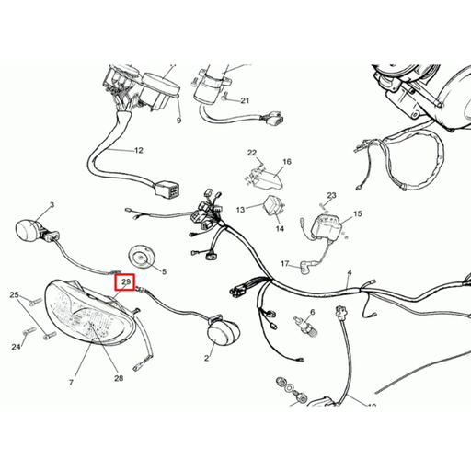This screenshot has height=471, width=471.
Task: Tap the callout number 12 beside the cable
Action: [x=139, y=150]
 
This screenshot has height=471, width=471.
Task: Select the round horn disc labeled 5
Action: [x=140, y=257]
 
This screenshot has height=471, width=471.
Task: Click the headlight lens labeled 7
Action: [x=91, y=313]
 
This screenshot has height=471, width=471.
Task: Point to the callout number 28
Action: [x=119, y=378]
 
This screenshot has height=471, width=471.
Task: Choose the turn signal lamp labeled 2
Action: [x=224, y=332]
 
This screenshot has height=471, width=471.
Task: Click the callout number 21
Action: [x=245, y=100]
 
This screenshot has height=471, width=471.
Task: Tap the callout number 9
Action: [x=179, y=121]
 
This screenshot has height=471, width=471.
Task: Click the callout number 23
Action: [x=332, y=195]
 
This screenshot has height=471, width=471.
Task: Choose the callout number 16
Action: [x=287, y=162]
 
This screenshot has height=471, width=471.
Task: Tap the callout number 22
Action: [x=252, y=153]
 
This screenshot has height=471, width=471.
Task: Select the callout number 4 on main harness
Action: [x=350, y=272]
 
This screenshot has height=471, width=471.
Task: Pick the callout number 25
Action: [x=14, y=295]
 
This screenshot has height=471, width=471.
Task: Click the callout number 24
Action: [x=16, y=347]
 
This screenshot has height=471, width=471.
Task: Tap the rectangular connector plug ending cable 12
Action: [x=167, y=189]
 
